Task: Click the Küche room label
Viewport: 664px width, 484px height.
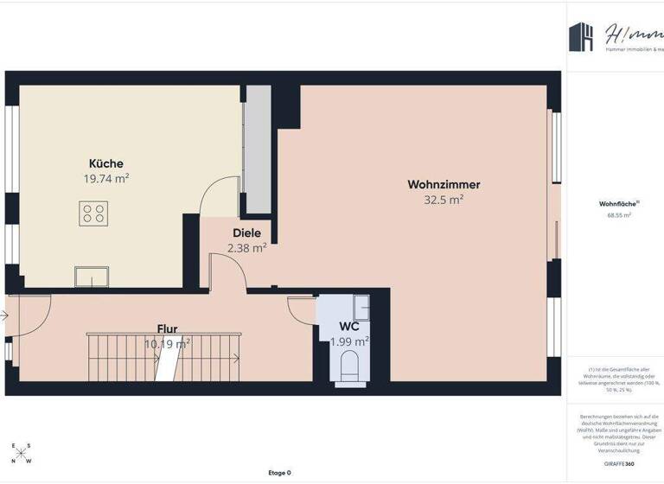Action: (x=106, y=163)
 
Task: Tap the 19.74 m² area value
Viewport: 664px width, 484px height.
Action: (x=106, y=179)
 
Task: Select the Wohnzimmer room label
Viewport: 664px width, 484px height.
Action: (x=444, y=184)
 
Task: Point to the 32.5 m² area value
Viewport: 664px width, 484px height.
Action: (x=444, y=199)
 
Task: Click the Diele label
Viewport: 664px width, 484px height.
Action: (x=246, y=232)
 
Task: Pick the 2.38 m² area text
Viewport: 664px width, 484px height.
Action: (x=246, y=247)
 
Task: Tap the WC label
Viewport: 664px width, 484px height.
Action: (x=349, y=327)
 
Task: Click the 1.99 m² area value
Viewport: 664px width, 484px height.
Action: (x=349, y=341)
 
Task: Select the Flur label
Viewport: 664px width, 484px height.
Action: (x=168, y=328)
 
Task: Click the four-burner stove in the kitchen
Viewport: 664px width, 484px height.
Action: (x=93, y=213)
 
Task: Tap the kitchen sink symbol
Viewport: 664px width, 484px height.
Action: (x=91, y=277)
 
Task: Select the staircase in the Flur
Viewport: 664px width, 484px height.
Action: (x=164, y=356)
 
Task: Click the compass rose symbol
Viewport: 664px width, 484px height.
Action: (x=22, y=453)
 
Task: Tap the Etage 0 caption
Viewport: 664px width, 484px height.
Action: (x=279, y=473)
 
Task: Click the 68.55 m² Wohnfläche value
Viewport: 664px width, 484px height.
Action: (x=616, y=215)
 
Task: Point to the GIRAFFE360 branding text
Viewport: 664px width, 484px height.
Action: (x=616, y=464)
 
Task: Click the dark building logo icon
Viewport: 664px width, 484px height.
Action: (x=580, y=35)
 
